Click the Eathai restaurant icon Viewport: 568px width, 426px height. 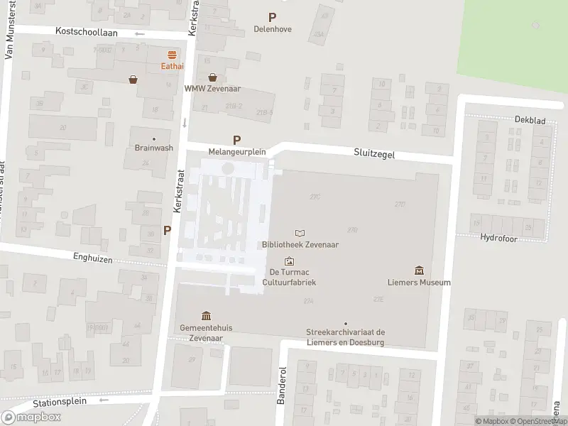tap(171, 55)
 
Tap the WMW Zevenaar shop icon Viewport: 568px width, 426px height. tap(212, 77)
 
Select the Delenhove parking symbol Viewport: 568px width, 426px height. tap(272, 17)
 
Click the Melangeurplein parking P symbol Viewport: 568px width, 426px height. tap(236, 140)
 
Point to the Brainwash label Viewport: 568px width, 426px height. tap(153, 148)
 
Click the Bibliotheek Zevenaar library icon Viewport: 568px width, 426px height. tap(300, 233)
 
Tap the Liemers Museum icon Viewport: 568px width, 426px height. tap(419, 271)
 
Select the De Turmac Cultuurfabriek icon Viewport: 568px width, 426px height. tap(289, 261)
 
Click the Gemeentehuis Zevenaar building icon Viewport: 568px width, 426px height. tap(206, 316)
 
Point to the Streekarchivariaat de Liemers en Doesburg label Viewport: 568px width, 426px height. tap(345, 337)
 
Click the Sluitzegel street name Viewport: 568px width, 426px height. tap(374, 153)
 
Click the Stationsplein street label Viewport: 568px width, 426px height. tap(60, 402)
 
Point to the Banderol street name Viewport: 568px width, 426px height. tap(282, 386)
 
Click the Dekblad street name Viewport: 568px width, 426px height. tap(530, 121)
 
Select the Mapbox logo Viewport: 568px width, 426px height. tap(31, 417)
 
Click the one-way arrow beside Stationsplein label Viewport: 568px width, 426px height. tap(104, 400)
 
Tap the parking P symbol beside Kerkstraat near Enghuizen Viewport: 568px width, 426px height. tap(168, 230)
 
